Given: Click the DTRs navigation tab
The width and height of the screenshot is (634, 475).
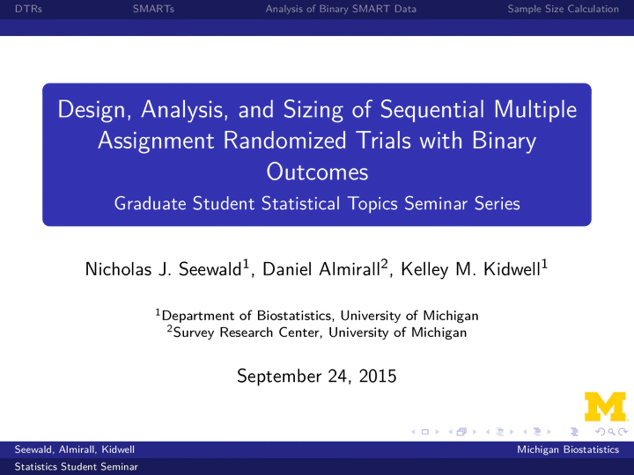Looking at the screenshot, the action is coord(28,9).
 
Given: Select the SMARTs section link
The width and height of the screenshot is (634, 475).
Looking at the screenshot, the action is coord(153,9).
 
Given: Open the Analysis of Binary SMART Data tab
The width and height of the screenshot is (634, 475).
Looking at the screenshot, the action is coord(341,9).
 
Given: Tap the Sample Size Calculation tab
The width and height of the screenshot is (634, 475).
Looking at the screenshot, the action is coord(564,9).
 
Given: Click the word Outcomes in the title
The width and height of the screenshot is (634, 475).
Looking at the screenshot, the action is coord(317,172).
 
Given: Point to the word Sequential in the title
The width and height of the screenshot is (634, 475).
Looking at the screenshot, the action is coord(432,109).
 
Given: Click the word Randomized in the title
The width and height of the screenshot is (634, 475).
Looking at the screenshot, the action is coord(284,141).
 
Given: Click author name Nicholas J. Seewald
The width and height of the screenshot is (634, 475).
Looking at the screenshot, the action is coord(164,269).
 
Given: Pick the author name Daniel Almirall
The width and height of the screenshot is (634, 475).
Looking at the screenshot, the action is coord(321,269).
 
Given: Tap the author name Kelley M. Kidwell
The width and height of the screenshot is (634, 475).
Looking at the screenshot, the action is coord(470,269).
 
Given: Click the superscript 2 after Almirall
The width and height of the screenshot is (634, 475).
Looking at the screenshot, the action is coord(384,264).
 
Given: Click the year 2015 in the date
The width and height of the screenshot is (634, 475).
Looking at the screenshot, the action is coord(378,376).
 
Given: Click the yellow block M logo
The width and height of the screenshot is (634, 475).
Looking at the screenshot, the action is coord(605,406).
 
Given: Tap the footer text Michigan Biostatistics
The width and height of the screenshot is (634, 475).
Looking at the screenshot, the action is coord(568,449).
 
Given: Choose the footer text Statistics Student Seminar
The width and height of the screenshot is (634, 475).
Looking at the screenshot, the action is coord(76,466).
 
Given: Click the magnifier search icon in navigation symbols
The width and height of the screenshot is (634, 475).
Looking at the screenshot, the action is coord(611,432).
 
